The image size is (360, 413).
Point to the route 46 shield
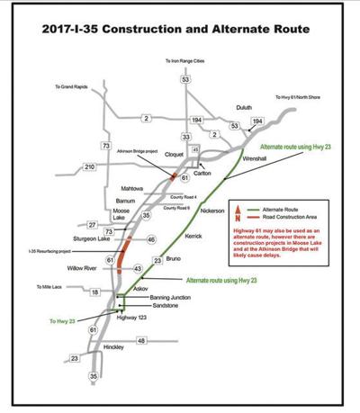point(150,239)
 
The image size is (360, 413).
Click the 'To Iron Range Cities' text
point(185,60)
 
